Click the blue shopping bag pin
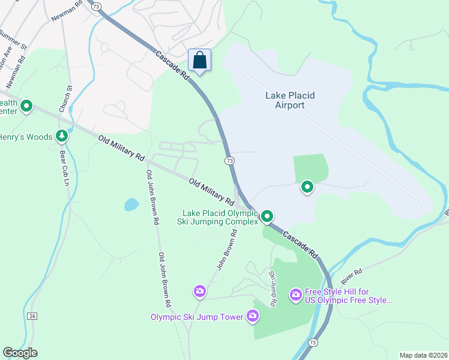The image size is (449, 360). (x=200, y=61)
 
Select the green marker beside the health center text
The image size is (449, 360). (x=26, y=107)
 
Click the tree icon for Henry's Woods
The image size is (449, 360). (x=61, y=137)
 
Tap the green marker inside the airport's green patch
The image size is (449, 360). (x=307, y=188)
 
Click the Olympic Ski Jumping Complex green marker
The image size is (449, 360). (x=267, y=216)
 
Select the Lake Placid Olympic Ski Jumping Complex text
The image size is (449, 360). (x=219, y=217)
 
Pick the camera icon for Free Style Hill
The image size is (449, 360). (x=295, y=294)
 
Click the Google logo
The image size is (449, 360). (x=20, y=353)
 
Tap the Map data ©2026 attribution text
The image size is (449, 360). (x=423, y=355)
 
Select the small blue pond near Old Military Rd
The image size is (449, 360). (x=131, y=205)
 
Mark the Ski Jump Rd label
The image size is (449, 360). (x=272, y=289)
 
